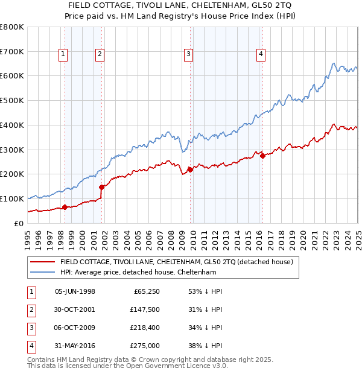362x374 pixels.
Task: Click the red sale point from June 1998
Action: point(65,207)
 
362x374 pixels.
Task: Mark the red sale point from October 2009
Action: point(190,170)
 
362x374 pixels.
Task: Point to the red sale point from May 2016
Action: point(263,156)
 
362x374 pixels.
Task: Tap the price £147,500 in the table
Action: point(144,309)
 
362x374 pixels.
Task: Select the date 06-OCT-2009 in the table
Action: point(75,328)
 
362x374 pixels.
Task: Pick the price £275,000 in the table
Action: point(144,346)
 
